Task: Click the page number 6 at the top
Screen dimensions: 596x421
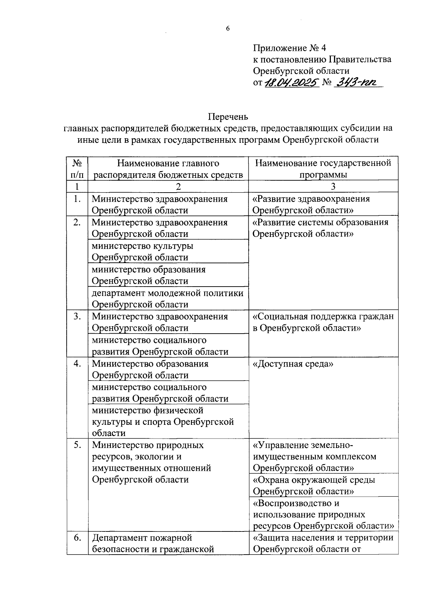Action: tap(228, 29)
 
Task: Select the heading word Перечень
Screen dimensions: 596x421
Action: tap(228, 116)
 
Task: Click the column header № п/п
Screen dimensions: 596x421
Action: tap(77, 169)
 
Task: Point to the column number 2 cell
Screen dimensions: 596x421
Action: tap(168, 186)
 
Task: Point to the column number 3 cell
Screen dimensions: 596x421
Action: tap(323, 186)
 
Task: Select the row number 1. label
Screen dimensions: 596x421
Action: tap(77, 199)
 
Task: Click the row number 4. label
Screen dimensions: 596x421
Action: tap(77, 364)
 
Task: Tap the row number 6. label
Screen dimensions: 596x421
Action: tap(77, 538)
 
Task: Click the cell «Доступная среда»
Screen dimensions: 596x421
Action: tap(293, 364)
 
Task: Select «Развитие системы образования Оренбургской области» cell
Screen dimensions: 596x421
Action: tap(320, 228)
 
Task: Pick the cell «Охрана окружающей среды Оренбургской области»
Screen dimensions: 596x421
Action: tap(314, 485)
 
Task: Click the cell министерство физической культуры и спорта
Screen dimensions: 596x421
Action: tap(163, 422)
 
